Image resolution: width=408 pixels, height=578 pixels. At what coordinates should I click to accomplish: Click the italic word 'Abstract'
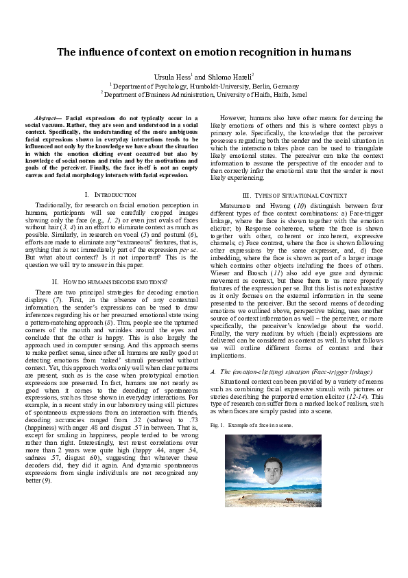point(47,118)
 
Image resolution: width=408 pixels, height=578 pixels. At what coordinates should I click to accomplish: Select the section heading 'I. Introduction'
point(110,196)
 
